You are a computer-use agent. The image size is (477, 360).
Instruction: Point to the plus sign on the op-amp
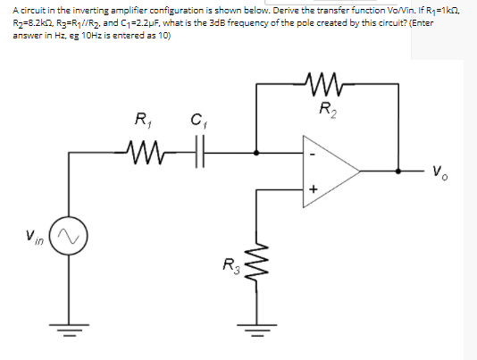pyautogui.click(x=313, y=188)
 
